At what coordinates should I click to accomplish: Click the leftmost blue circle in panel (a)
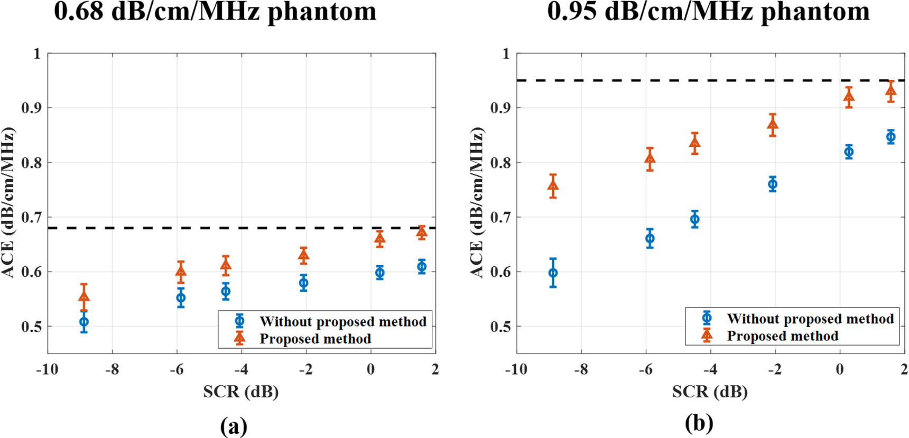point(84,322)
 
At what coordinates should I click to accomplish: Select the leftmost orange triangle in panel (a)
point(84,296)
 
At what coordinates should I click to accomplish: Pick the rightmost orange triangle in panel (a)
point(421,232)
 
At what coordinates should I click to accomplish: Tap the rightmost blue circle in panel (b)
point(891,137)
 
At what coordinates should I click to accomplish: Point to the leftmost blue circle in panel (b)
point(553,273)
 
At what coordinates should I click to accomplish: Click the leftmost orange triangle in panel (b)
point(553,185)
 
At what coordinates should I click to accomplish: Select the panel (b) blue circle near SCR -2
point(772,184)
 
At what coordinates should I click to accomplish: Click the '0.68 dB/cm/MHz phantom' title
point(215,12)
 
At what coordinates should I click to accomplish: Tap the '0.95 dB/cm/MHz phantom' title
point(708,12)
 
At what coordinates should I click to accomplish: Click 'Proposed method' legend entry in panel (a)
point(315,339)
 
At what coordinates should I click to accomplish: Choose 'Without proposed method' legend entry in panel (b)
point(810,319)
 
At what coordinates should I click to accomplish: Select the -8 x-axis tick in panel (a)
point(112,369)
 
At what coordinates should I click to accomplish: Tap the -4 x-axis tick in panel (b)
point(710,369)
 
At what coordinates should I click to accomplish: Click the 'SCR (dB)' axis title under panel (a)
point(240,392)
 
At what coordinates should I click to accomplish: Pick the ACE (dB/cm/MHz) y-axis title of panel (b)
point(477,202)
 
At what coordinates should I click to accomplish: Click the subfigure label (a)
point(234,426)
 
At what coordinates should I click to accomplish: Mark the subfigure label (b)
point(699,423)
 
